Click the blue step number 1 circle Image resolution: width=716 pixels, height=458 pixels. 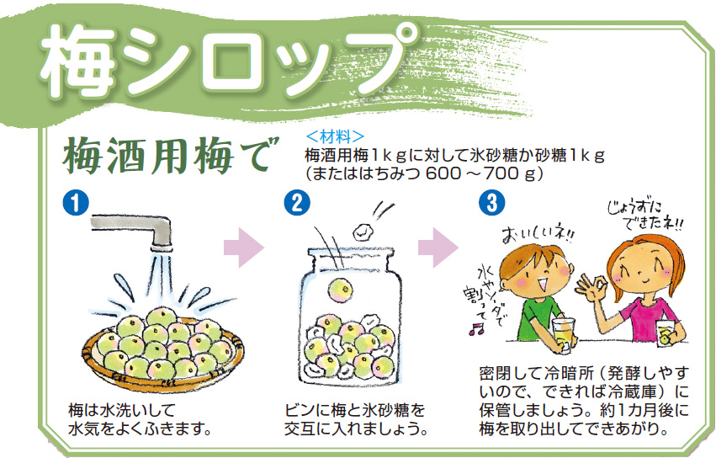[76, 203]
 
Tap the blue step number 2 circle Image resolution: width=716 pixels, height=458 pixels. [297, 203]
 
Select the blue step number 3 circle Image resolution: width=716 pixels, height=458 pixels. [492, 203]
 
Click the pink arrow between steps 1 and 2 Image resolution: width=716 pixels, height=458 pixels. [244, 248]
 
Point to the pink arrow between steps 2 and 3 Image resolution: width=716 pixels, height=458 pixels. [438, 248]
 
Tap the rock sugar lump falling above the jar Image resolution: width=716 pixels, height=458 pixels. [363, 232]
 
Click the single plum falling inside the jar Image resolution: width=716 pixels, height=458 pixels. [340, 290]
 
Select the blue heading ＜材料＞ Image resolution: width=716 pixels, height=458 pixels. [335, 136]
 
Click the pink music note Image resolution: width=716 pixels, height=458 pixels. [476, 328]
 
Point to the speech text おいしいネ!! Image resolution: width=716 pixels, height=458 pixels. [538, 235]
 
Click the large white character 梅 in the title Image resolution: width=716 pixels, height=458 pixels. [77, 60]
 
